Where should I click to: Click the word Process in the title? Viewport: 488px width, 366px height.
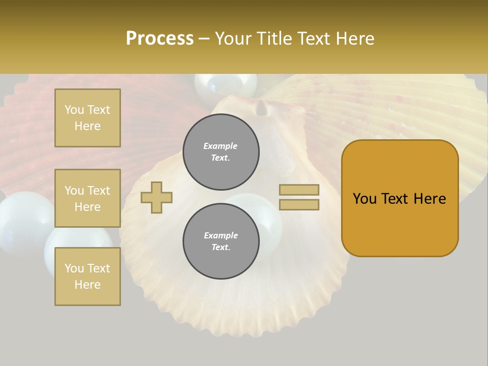pos(160,39)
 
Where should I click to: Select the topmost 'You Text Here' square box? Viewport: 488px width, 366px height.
pos(87,118)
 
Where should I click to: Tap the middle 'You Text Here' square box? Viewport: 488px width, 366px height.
pos(87,198)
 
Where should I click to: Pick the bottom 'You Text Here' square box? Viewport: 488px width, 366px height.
pos(87,276)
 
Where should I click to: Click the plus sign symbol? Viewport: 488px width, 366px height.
pos(157,197)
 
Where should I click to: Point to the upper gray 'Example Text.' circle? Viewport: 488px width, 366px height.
pos(221,152)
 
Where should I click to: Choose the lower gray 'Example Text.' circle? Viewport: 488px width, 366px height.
pos(221,241)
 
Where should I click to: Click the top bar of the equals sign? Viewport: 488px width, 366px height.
pos(299,190)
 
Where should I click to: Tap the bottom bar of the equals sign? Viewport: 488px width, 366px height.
pos(299,204)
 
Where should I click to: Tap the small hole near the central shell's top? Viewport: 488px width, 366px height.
pos(261,107)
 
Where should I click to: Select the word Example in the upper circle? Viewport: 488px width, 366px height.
pos(220,146)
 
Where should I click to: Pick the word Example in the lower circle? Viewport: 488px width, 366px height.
pos(221,235)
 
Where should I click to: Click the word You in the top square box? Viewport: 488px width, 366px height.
pos(74,110)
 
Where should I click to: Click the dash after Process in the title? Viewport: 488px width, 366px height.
pos(204,39)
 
